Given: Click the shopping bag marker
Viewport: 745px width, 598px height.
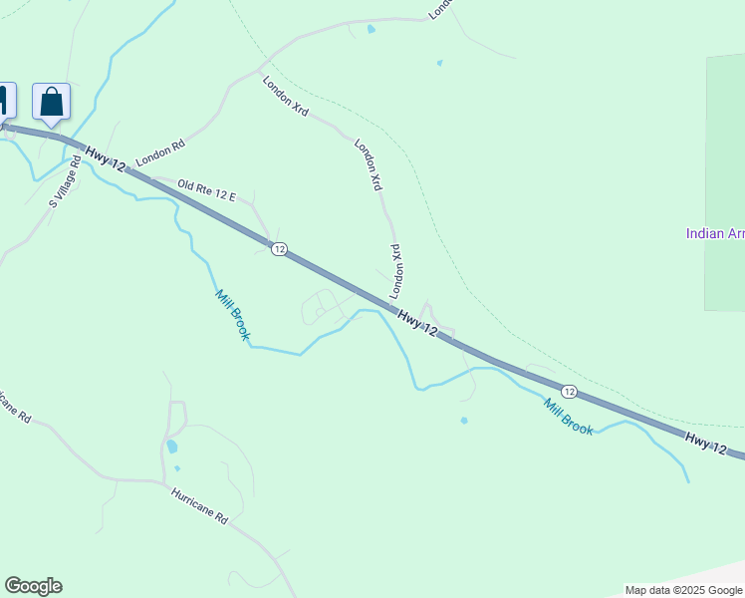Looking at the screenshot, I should [x=51, y=102].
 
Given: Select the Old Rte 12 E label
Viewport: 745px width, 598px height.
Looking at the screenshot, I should [x=206, y=190].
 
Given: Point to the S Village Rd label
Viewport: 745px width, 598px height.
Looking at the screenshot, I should [x=64, y=182].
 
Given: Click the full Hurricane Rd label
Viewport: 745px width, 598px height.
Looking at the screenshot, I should [x=199, y=506].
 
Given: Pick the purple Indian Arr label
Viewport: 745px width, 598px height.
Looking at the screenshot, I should [x=714, y=234].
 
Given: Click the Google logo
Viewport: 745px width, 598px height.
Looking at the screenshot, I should [x=33, y=586].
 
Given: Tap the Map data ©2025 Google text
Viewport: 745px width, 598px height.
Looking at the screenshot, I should [x=683, y=590].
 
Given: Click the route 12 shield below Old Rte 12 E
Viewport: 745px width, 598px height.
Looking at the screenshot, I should [x=279, y=249].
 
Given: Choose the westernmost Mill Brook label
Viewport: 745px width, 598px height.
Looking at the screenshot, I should [x=232, y=314].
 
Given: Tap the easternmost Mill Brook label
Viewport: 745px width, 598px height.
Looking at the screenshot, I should [x=569, y=417].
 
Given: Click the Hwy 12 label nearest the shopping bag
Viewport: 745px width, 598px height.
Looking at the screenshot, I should [x=106, y=159].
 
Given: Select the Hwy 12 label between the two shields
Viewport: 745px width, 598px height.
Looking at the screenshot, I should [x=417, y=321].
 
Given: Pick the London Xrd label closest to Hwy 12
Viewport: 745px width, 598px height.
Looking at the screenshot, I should [x=395, y=271].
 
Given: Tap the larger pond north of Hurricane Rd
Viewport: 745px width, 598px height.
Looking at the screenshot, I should [x=172, y=447].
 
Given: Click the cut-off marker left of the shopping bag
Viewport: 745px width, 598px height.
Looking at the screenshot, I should [x=4, y=101].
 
